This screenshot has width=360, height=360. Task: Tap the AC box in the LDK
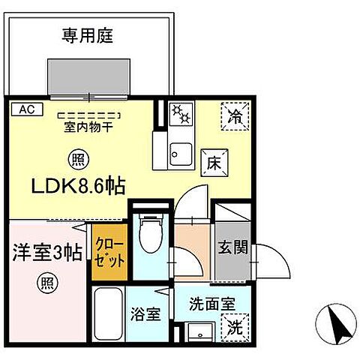coord(25,109)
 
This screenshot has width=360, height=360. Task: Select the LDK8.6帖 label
coord(77,184)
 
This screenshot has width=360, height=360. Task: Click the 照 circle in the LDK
coord(76,158)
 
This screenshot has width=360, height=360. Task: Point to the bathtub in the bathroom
coord(109,319)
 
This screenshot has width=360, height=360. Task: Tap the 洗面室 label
coord(204,306)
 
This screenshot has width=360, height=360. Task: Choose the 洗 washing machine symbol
coord(234,327)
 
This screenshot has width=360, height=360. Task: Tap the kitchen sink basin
coord(181,154)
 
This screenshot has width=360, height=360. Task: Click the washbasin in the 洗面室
coord(199,332)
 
